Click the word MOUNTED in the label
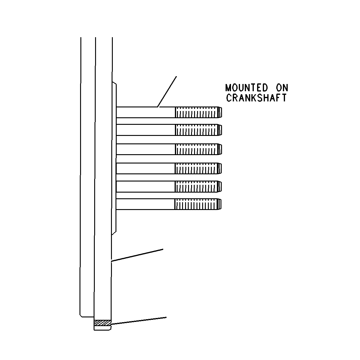coord(247,88)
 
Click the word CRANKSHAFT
coord(256,98)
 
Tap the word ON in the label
coord(282,88)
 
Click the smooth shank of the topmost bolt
coord(146,112)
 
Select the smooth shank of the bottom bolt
coord(145,204)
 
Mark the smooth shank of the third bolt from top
coord(146,149)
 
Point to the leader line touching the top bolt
coord(167,91)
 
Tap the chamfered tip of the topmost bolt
coord(220,112)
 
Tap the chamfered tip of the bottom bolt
coord(220,204)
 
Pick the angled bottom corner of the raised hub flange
coord(114,233)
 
